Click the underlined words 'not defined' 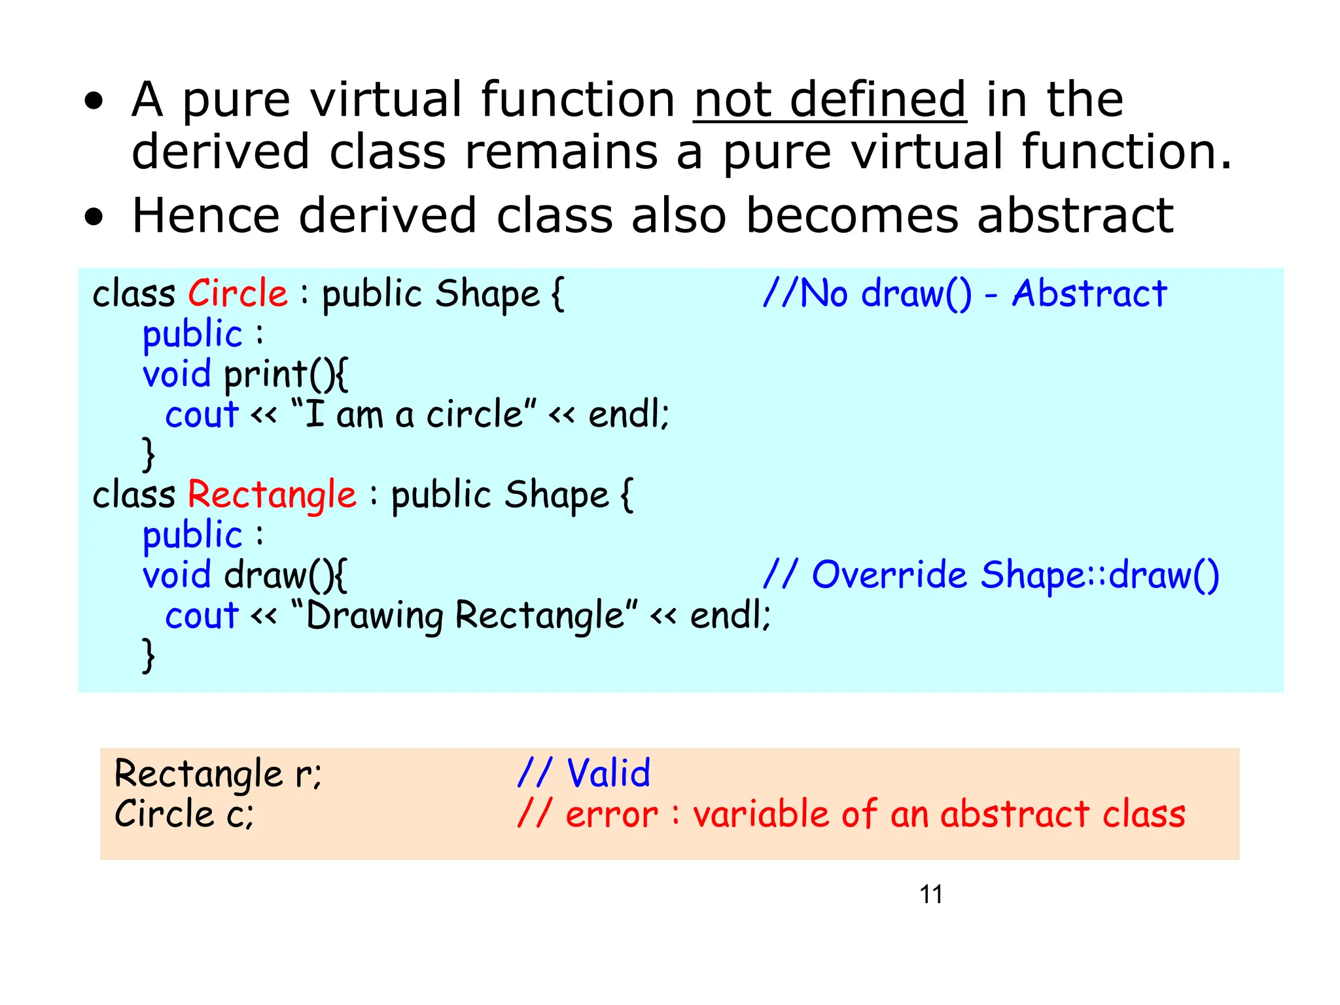click(x=830, y=100)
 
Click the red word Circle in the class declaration click(x=238, y=293)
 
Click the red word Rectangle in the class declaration click(x=272, y=494)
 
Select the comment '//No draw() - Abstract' click(x=964, y=293)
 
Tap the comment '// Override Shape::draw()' click(x=991, y=575)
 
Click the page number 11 click(x=930, y=894)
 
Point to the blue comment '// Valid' click(x=584, y=773)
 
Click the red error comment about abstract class click(x=851, y=815)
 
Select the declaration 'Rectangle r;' click(x=218, y=774)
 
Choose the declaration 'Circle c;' click(x=184, y=815)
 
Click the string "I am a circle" click(x=414, y=415)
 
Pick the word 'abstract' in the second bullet click(x=1075, y=216)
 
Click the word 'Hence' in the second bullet click(x=205, y=216)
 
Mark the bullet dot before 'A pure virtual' click(x=94, y=101)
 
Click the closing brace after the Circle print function click(x=149, y=455)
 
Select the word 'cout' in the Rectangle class click(x=202, y=616)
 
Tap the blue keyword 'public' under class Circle click(x=192, y=334)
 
